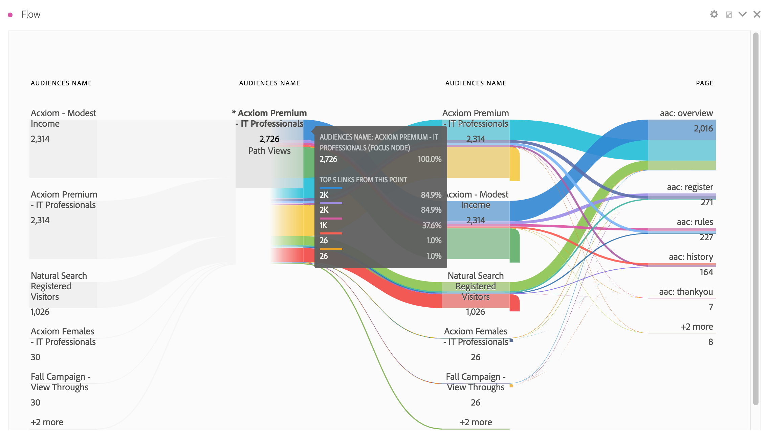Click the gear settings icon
point(714,14)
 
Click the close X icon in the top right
point(757,14)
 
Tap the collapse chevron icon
point(742,14)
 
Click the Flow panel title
point(30,14)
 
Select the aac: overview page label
point(686,113)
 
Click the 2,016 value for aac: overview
point(703,128)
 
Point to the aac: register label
point(689,187)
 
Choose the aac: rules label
point(695,222)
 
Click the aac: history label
point(690,257)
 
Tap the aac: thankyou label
point(686,292)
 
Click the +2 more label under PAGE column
point(696,327)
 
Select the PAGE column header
point(704,83)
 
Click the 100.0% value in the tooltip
point(429,159)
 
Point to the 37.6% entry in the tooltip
point(432,226)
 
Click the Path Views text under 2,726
point(269,151)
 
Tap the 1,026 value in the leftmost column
point(40,312)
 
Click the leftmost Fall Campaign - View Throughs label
point(60,382)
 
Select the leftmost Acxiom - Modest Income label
point(63,118)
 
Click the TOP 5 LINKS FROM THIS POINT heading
point(363,180)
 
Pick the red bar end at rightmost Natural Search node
point(514,303)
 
